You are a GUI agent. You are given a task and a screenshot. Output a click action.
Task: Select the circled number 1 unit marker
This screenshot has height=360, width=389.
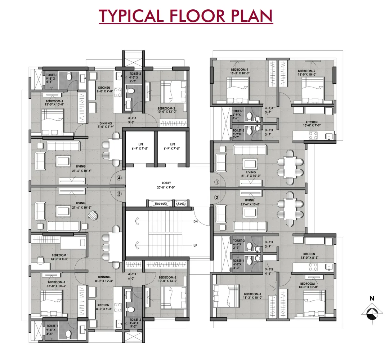216,182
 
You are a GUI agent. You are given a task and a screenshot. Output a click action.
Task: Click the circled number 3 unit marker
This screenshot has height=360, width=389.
119,194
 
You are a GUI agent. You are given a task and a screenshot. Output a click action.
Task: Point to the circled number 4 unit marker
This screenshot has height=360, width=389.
119,178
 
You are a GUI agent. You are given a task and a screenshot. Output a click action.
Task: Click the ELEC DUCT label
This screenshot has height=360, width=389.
161,204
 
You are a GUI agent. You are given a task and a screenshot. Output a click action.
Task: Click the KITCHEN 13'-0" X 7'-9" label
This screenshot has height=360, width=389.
312,124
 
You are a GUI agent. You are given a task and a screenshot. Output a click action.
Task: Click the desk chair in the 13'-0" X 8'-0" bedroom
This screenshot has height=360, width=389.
40,258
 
